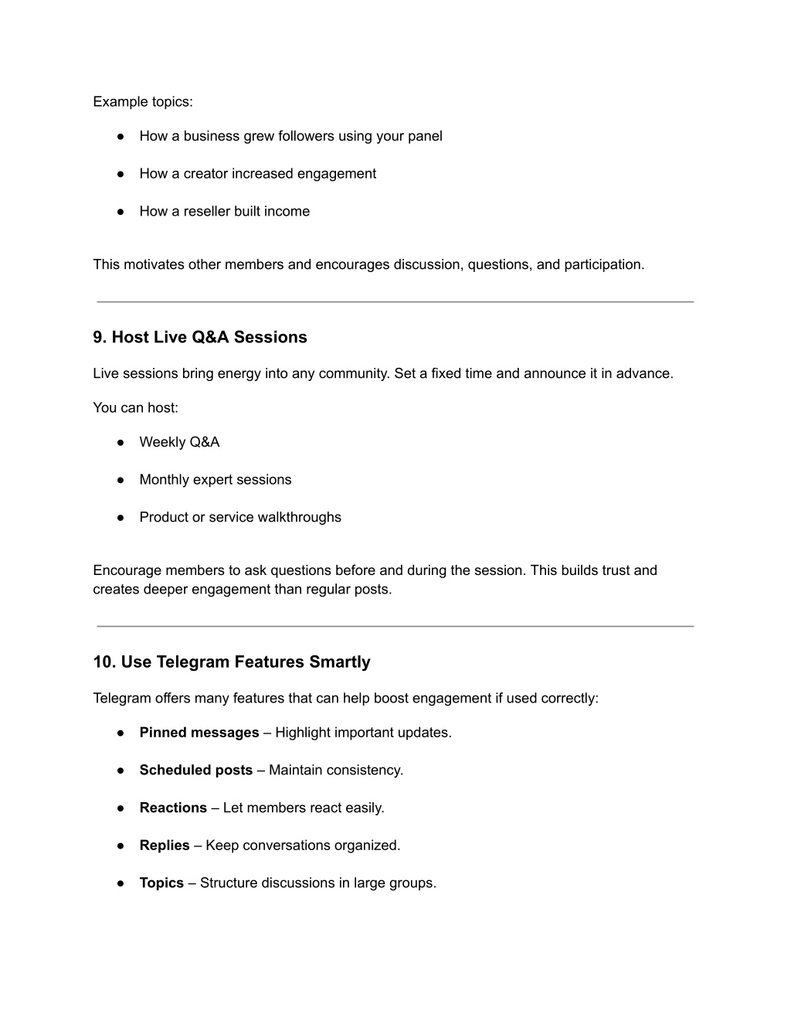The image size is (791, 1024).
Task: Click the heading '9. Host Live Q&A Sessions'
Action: click(200, 337)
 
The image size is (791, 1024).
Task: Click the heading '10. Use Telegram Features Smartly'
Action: click(232, 662)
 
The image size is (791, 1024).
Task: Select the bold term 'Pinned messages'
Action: click(199, 732)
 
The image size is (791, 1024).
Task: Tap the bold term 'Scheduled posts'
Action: click(196, 770)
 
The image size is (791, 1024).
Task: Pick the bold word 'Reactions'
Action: click(173, 808)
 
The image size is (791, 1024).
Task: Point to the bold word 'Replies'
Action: click(165, 845)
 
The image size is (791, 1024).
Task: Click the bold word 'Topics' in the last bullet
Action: click(161, 883)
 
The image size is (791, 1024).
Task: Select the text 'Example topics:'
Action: click(143, 102)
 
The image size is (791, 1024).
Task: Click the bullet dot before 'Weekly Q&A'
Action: click(121, 442)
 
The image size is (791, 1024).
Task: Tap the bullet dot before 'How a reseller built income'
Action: click(121, 211)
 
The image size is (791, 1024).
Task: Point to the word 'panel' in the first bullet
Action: click(425, 136)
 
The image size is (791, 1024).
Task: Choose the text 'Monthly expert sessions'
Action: click(216, 479)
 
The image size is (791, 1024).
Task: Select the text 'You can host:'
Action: click(135, 407)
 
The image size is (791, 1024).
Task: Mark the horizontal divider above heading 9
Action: click(395, 301)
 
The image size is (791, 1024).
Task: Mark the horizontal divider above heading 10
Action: click(395, 626)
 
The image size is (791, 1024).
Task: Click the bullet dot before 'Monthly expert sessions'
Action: click(121, 480)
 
